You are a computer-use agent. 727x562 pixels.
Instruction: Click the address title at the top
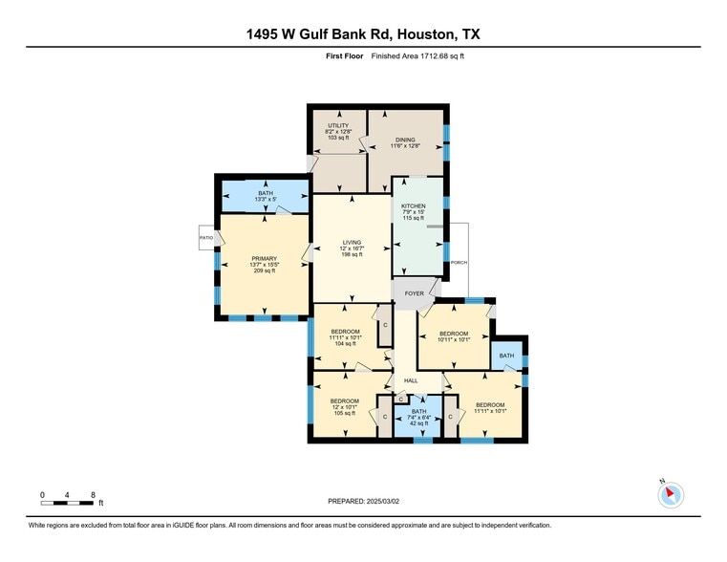tap(363, 34)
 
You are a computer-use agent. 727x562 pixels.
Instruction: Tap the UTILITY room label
tap(337, 125)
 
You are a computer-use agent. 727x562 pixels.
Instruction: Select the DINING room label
tap(406, 140)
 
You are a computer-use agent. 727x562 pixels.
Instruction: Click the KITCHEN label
tap(413, 205)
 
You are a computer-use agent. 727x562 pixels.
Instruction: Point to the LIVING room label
tap(352, 242)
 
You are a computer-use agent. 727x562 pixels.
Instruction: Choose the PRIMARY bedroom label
tap(264, 258)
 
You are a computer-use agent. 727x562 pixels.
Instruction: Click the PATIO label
tap(205, 237)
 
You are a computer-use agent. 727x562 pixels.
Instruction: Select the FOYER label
tap(414, 293)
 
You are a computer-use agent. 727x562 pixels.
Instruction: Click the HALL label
tap(411, 380)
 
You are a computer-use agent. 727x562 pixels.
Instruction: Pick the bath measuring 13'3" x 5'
tap(265, 193)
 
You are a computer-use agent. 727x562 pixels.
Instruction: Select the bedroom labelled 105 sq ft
tap(344, 400)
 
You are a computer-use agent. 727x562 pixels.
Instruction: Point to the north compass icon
tap(672, 494)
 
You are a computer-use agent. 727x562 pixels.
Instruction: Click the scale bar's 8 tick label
tap(93, 494)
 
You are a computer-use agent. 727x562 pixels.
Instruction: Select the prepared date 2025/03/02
tap(363, 501)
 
